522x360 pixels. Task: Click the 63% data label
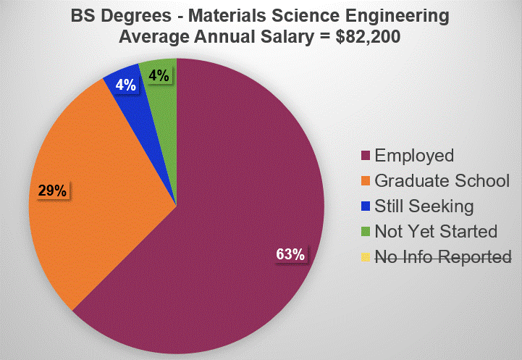click(x=290, y=254)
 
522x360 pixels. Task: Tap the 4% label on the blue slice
click(x=125, y=85)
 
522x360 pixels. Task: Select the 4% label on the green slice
click(x=159, y=75)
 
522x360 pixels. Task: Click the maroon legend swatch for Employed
click(x=365, y=156)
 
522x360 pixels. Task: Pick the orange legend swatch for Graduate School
click(x=365, y=181)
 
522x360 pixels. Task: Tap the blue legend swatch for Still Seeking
click(x=365, y=206)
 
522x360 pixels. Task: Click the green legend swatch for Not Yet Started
click(x=365, y=232)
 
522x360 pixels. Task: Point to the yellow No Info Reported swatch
click(x=365, y=257)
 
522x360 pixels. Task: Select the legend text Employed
click(x=414, y=156)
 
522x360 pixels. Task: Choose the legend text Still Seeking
click(x=424, y=206)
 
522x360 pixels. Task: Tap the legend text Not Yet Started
click(x=436, y=232)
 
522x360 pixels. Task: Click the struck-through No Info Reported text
click(x=443, y=257)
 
